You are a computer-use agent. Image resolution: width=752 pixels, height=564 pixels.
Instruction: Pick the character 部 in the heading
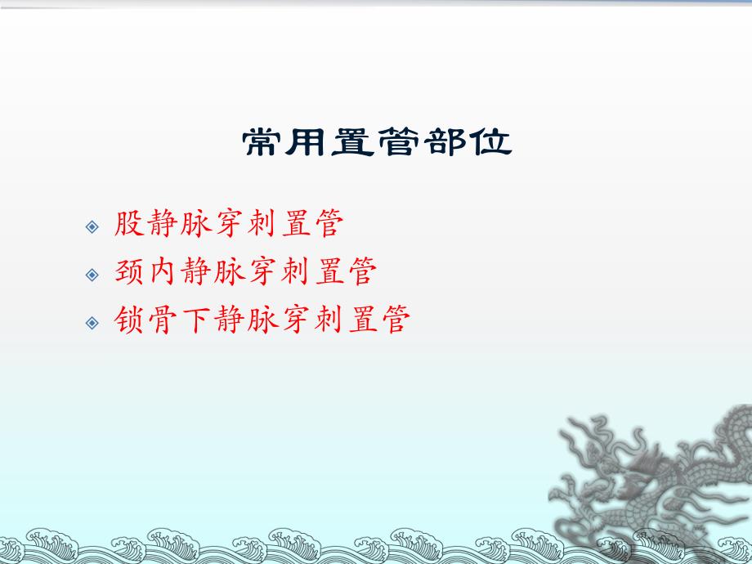click(x=444, y=143)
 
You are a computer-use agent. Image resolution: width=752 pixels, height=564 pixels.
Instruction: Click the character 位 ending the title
click(x=489, y=143)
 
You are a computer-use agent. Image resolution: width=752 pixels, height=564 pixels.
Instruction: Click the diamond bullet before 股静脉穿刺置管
click(x=92, y=226)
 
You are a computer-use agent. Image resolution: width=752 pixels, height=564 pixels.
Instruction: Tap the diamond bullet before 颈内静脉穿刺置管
click(x=92, y=273)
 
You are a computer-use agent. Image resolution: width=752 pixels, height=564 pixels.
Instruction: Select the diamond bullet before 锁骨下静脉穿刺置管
click(x=92, y=321)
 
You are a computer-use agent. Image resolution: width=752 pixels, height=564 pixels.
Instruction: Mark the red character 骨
click(x=163, y=320)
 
